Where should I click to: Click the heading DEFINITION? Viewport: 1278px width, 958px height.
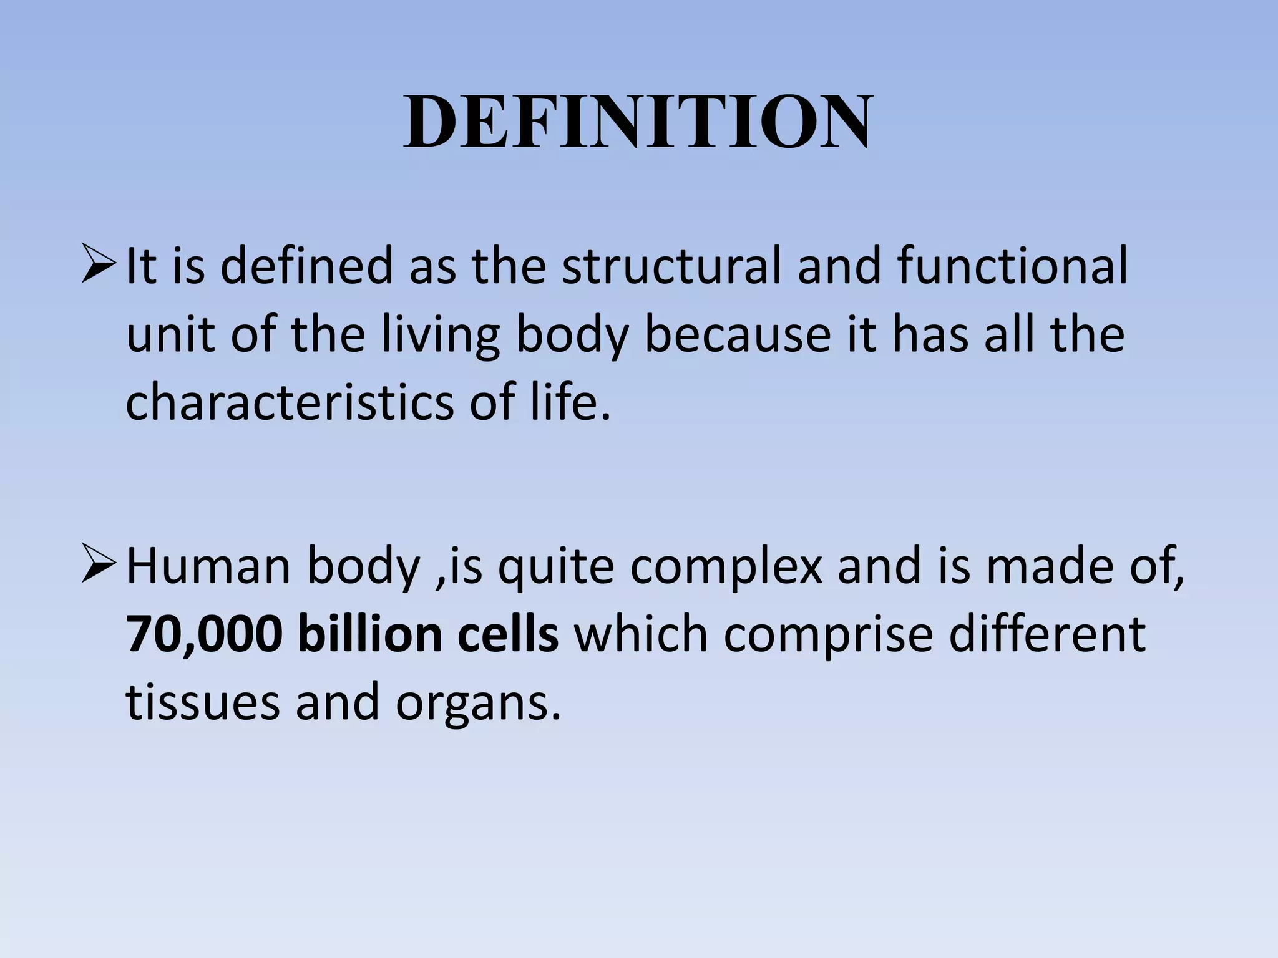tap(637, 122)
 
